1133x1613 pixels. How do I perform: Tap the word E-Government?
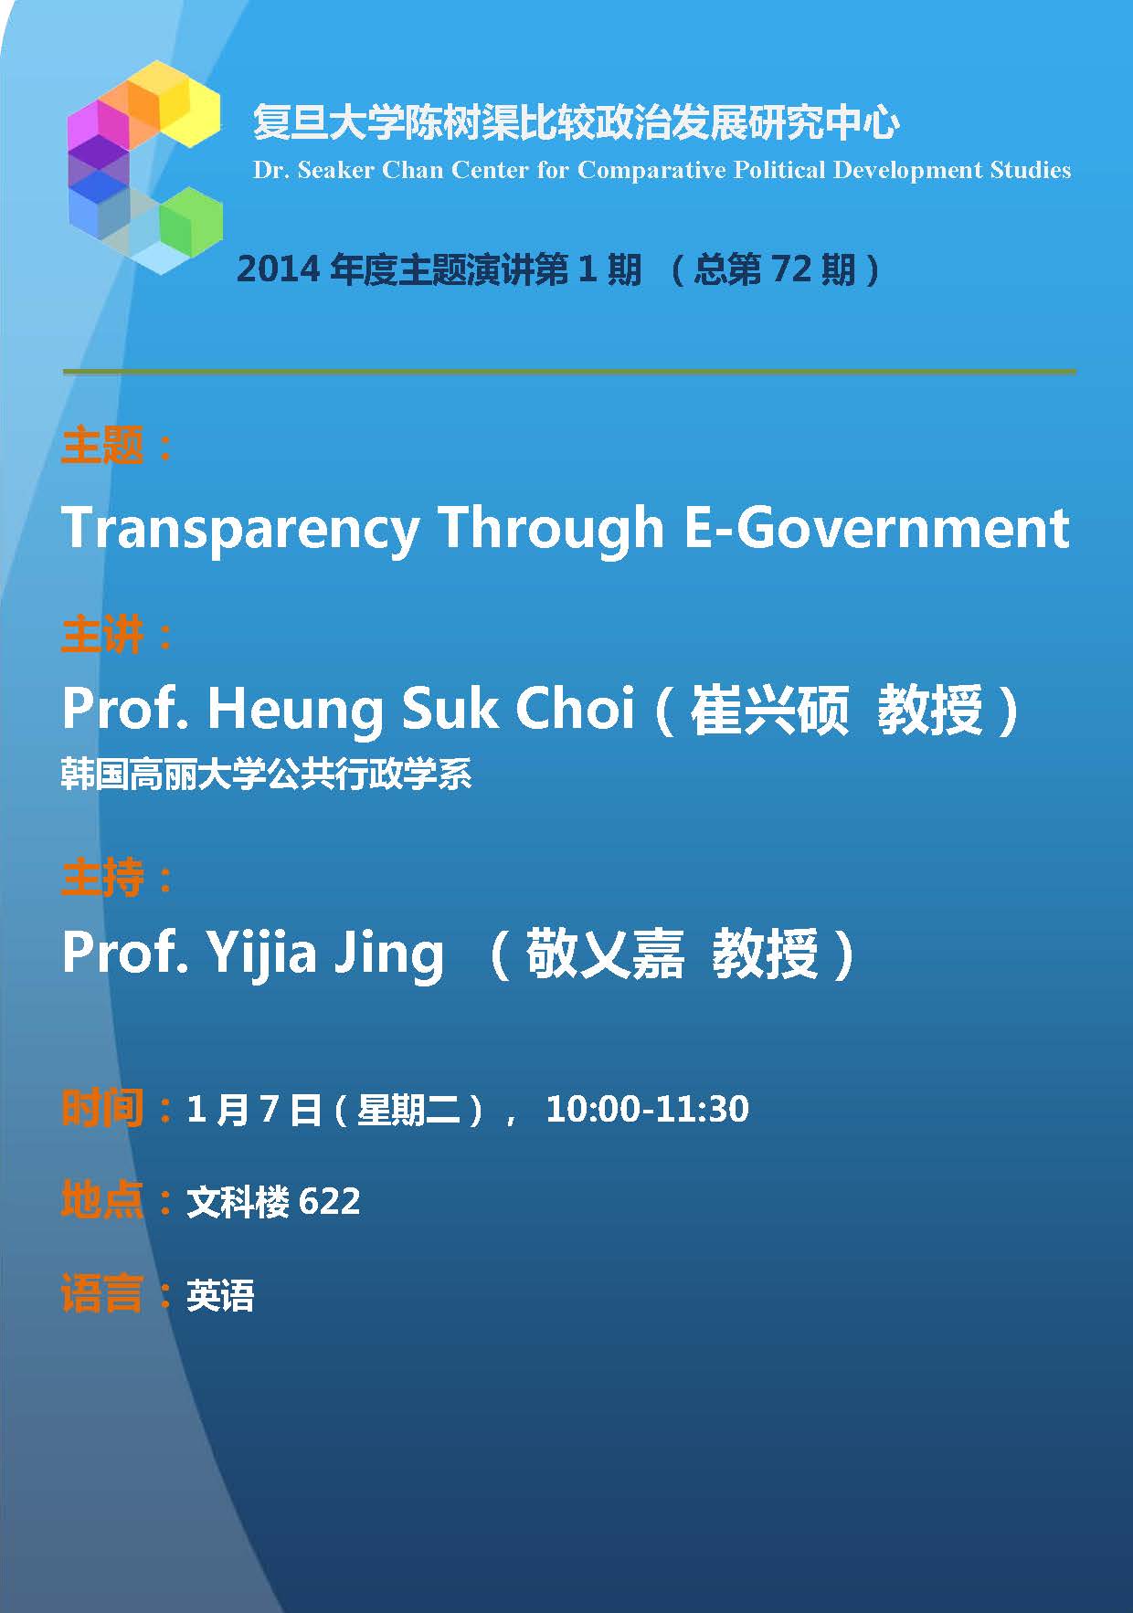877,528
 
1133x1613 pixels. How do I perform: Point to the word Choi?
575,708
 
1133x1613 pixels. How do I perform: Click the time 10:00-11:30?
647,1109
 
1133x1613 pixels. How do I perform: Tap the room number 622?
329,1201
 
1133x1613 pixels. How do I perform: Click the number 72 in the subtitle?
791,269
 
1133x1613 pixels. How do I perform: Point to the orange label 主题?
102,446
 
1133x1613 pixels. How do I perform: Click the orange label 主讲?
102,635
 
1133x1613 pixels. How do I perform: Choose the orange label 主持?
102,878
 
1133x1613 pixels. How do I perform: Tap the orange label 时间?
102,1108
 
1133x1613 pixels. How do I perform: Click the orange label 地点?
102,1200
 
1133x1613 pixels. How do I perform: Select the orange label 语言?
102,1294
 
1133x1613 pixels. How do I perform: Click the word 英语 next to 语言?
220,1295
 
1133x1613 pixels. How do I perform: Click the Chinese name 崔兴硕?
769,710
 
